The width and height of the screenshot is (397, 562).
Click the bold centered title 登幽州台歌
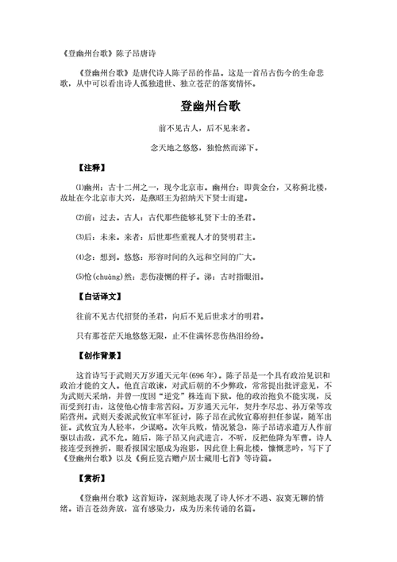pyautogui.click(x=197, y=105)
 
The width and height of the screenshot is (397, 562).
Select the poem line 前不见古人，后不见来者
pyautogui.click(x=197, y=127)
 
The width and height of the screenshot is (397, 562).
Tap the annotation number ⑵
pyautogui.click(x=79, y=217)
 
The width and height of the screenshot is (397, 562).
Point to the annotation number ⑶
pyautogui.click(x=79, y=237)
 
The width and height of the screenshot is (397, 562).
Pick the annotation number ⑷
pyautogui.click(x=79, y=257)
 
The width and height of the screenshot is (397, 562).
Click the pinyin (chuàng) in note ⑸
pyautogui.click(x=112, y=277)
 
